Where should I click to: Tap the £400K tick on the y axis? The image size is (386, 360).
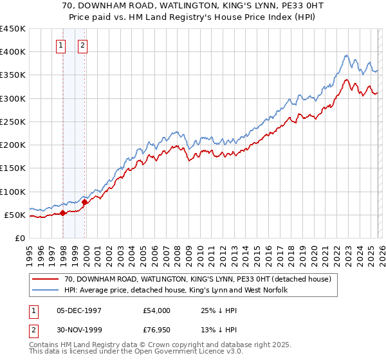tap(13, 52)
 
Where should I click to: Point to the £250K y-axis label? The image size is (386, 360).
tap(13, 122)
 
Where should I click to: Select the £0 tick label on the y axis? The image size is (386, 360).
tap(20, 238)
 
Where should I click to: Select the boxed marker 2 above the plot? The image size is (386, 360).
tap(84, 45)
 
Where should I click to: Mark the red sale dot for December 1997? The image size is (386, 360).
tap(62, 213)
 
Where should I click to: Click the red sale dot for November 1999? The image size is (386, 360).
tap(85, 203)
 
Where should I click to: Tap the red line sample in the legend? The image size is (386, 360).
tap(46, 280)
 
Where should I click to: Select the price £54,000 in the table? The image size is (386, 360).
tap(157, 310)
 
